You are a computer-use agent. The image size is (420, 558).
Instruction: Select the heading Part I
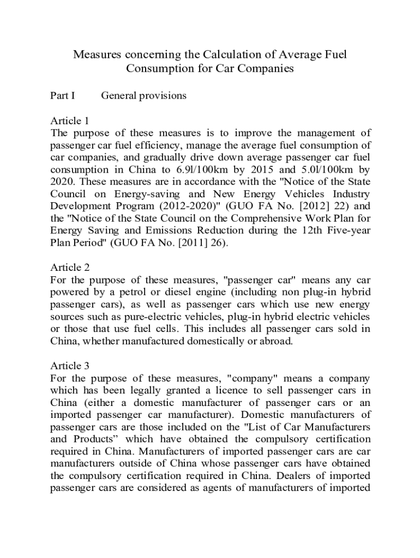pos(63,96)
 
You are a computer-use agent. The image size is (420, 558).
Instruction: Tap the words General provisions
pos(144,96)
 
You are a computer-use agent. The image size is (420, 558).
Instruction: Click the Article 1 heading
pos(69,120)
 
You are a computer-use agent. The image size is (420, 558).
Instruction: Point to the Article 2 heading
pos(69,268)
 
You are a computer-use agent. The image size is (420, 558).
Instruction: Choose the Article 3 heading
pos(69,365)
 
